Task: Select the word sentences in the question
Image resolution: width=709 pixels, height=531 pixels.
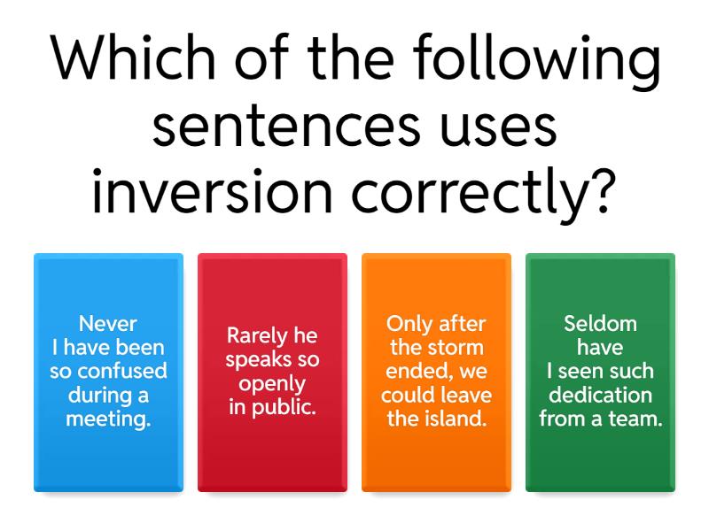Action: click(x=285, y=127)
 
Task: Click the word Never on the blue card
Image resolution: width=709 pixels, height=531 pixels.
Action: click(x=108, y=324)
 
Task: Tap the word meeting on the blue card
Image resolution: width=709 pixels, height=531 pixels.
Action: click(x=107, y=419)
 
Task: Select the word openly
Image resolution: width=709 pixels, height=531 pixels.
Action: click(x=272, y=385)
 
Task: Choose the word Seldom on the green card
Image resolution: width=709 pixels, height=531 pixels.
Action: click(x=600, y=324)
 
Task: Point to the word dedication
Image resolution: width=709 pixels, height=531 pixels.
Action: click(x=600, y=396)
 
